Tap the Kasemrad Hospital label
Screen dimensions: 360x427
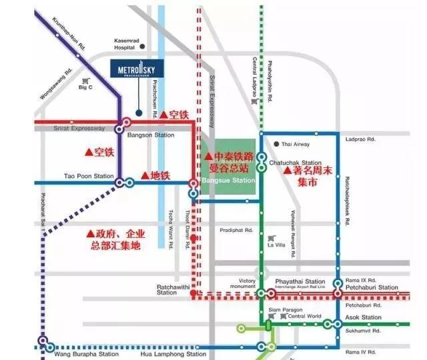(125, 44)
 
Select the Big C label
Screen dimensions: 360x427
(85, 87)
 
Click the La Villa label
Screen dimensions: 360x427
(276, 245)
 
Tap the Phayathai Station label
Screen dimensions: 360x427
(304, 282)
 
